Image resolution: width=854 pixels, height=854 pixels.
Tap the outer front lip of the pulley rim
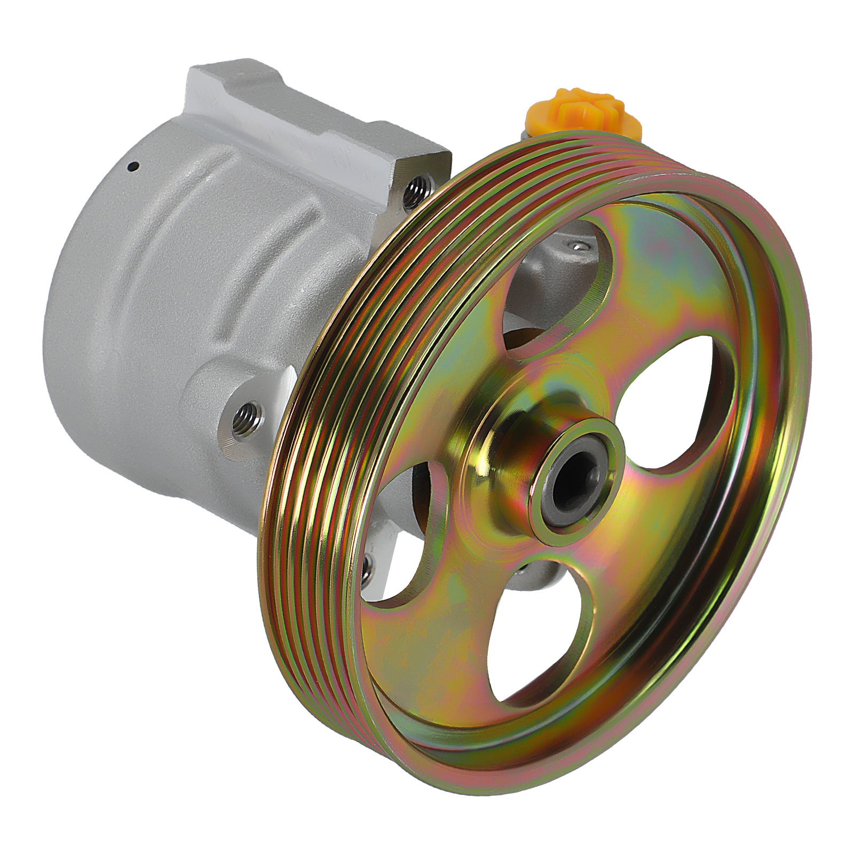790,480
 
